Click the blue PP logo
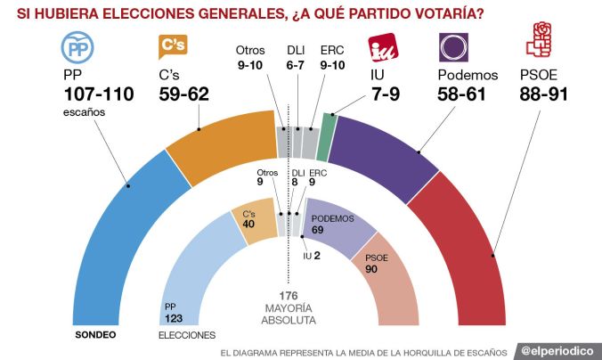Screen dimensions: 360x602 click(77, 46)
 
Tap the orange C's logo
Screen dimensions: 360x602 click(172, 46)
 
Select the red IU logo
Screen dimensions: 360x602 click(384, 46)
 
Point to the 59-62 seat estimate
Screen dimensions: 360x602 click(184, 94)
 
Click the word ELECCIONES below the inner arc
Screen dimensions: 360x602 click(187, 336)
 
